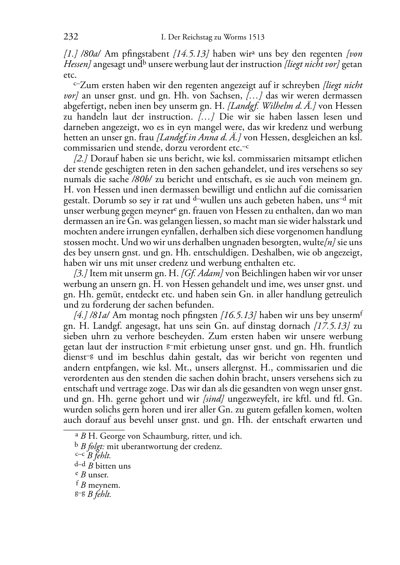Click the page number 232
(x=71, y=37)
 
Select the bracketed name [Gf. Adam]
(x=202, y=273)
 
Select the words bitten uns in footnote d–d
(x=113, y=466)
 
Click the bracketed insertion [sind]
(x=214, y=399)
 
